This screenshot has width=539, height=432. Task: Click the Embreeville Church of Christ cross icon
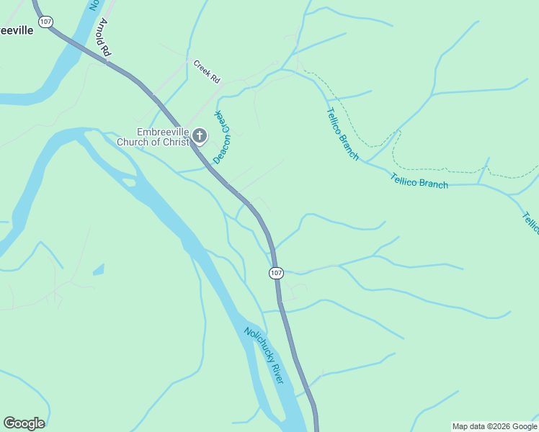(200, 136)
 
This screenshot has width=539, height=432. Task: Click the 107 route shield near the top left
(46, 22)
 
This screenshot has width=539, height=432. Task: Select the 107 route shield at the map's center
(277, 273)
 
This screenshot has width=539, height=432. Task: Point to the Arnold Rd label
(104, 37)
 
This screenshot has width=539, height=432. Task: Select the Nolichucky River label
(264, 355)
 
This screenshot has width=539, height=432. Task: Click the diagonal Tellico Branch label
(342, 134)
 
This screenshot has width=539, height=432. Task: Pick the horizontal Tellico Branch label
(419, 181)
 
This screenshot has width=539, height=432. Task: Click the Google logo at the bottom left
(24, 423)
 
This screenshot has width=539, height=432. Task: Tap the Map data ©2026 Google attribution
(494, 426)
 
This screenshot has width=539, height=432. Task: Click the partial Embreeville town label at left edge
(16, 31)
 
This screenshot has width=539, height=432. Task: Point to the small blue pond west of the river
(99, 270)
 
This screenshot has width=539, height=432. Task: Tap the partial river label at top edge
(93, 5)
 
